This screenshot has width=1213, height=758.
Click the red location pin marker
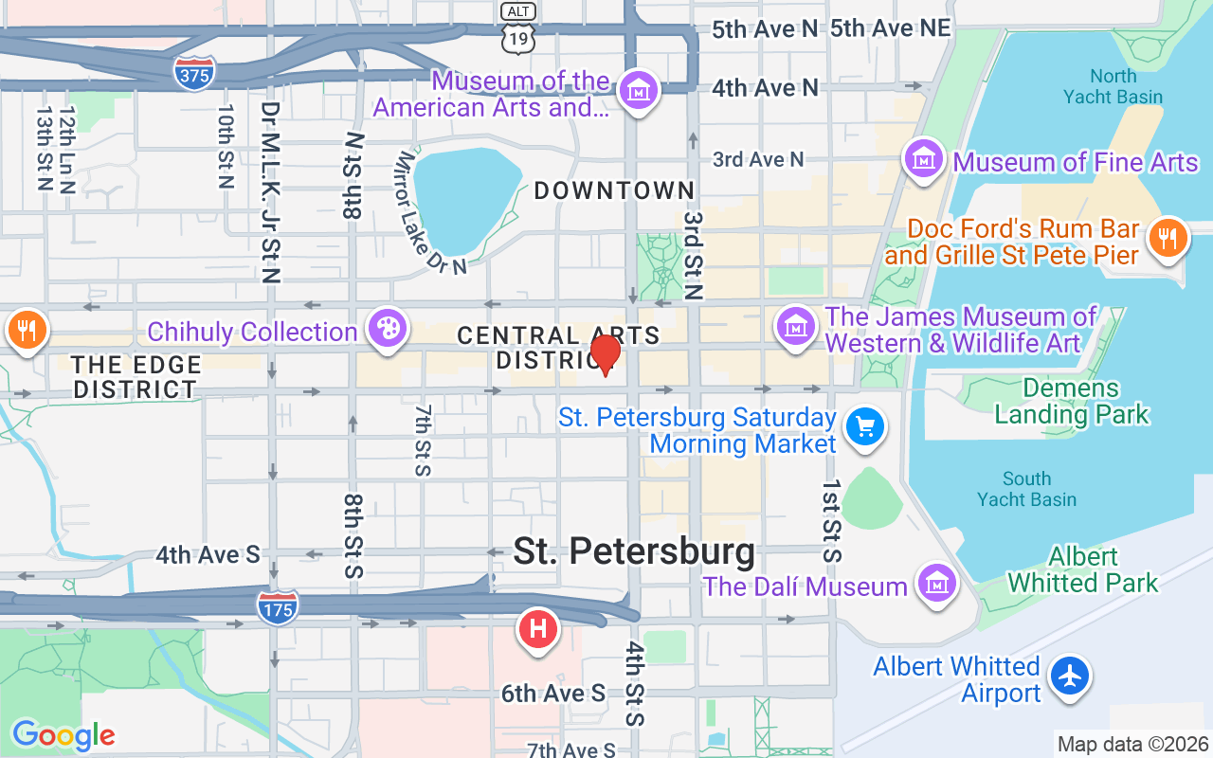click(605, 354)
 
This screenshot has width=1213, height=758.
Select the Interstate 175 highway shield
click(277, 606)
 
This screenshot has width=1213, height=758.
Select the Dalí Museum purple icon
click(937, 581)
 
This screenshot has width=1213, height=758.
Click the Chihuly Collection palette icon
click(388, 330)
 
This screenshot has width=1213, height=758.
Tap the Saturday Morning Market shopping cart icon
click(864, 427)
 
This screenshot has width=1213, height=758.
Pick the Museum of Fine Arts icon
click(924, 159)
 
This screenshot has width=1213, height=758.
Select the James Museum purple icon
click(797, 327)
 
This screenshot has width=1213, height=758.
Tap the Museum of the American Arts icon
click(639, 92)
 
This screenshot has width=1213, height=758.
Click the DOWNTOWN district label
click(614, 190)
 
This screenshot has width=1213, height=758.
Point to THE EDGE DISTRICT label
click(136, 377)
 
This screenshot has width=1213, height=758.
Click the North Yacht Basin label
click(1113, 86)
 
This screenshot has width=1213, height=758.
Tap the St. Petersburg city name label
click(634, 550)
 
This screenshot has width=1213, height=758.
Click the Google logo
click(63, 734)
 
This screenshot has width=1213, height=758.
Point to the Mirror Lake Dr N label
click(432, 214)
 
